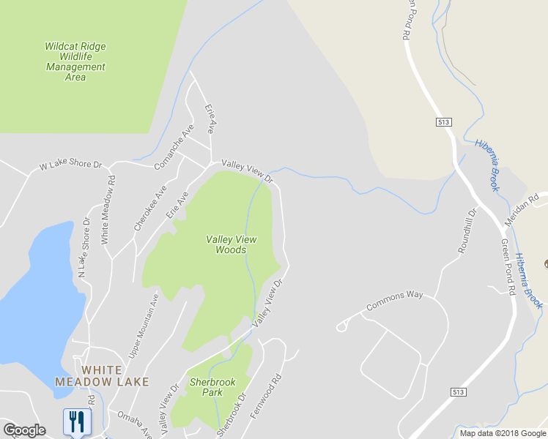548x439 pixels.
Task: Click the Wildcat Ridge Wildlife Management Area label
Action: click(75, 61)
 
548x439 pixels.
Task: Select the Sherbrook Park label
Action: click(206, 387)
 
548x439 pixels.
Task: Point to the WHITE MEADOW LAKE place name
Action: click(102, 376)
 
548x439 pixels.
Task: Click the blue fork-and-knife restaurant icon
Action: click(77, 421)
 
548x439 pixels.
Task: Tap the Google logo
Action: click(24, 430)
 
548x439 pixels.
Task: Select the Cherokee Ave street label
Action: click(151, 209)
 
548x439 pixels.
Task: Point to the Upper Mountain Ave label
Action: click(144, 326)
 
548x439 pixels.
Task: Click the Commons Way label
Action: click(395, 300)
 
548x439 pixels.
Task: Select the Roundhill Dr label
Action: click(467, 231)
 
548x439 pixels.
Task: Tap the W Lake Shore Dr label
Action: click(70, 165)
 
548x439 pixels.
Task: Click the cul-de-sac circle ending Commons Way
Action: click(341, 327)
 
